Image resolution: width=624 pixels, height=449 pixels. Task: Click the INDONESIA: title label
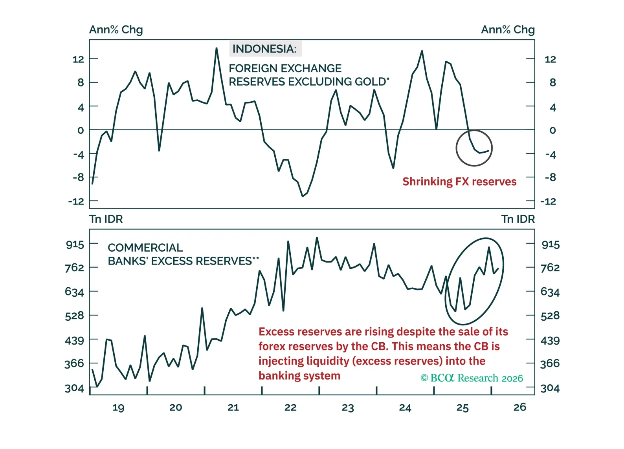point(264,49)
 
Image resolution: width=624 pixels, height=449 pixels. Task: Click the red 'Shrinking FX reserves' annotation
point(459,181)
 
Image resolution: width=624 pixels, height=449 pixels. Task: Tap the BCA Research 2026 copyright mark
point(472,378)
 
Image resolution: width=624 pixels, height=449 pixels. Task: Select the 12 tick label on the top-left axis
point(78,59)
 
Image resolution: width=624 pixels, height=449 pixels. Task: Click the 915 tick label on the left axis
point(75,245)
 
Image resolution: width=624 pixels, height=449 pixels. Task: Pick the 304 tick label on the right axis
point(550,388)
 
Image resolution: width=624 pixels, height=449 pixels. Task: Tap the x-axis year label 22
point(290,407)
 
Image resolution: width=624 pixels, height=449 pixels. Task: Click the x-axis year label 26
point(519,407)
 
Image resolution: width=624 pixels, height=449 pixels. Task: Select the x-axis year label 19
point(118,407)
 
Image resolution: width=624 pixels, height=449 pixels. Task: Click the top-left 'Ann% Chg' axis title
point(116,30)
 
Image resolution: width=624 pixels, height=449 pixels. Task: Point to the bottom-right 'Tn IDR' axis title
point(518,219)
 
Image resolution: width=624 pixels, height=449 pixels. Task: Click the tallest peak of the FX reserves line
point(217,48)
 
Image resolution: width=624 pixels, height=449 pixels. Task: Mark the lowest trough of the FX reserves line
point(303,196)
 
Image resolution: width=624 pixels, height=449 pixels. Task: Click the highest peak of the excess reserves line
point(317,237)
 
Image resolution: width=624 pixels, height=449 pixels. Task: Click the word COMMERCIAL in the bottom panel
point(145,248)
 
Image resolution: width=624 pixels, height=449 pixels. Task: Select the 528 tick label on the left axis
point(74,316)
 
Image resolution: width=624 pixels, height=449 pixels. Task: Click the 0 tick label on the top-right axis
point(552,130)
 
